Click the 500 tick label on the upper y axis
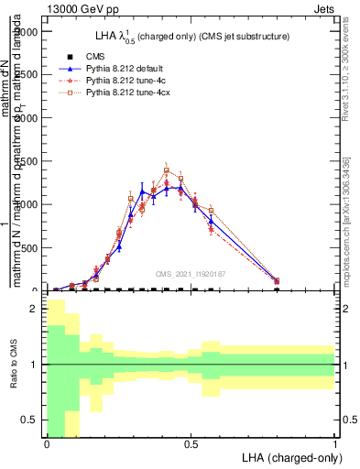(x=30, y=247)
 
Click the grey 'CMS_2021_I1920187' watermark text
(x=191, y=272)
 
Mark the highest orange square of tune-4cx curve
(x=167, y=170)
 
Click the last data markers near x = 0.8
(x=277, y=281)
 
